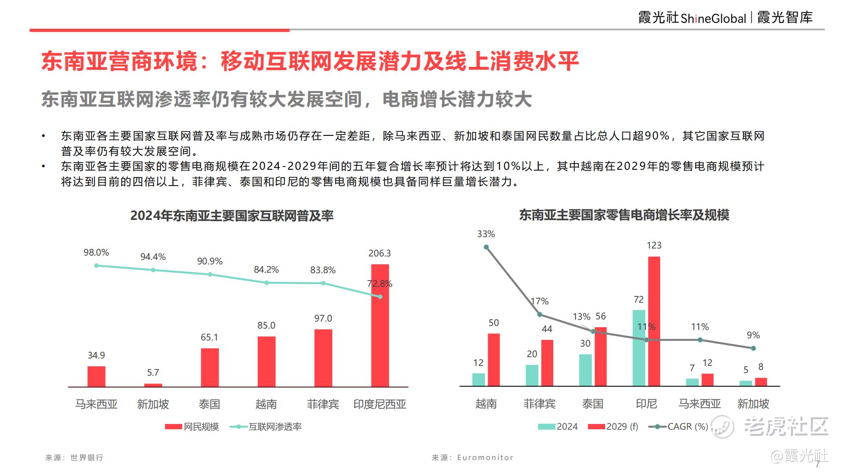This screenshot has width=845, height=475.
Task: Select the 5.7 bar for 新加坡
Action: click(x=153, y=385)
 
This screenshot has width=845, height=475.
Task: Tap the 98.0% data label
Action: click(x=96, y=252)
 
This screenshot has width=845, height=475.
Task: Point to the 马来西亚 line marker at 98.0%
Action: click(x=96, y=266)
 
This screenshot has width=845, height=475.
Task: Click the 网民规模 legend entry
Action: click(x=192, y=427)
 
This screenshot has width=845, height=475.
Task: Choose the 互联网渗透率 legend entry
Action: click(x=266, y=427)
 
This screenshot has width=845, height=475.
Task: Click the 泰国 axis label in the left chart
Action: click(x=209, y=404)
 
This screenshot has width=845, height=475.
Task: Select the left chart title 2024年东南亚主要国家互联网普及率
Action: click(x=232, y=216)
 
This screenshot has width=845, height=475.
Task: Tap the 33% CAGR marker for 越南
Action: click(x=486, y=247)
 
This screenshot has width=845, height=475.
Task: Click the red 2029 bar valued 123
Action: click(x=654, y=321)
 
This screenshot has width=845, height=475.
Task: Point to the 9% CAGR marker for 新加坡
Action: click(x=753, y=348)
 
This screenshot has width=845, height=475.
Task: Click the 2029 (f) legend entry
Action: click(x=613, y=427)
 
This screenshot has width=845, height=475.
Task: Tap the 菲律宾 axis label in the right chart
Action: click(x=540, y=404)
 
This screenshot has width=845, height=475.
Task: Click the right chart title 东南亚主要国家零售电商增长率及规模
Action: click(x=624, y=215)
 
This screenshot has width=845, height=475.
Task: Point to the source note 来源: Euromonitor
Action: click(x=472, y=458)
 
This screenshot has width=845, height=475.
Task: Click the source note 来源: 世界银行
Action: click(x=74, y=458)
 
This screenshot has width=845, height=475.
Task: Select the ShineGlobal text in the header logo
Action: click(x=713, y=18)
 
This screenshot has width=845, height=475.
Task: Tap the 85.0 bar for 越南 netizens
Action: click(x=266, y=362)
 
